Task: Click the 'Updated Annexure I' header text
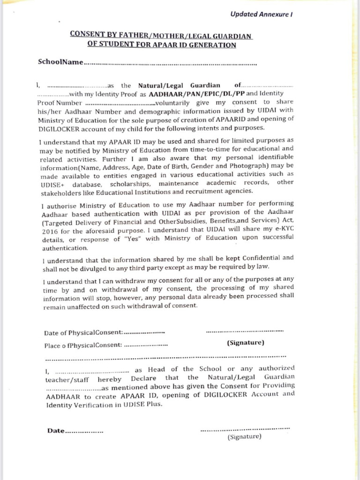[261, 14]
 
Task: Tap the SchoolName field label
[60, 62]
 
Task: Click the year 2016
[49, 231]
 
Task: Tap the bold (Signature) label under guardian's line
[245, 343]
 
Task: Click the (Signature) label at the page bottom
[244, 437]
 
